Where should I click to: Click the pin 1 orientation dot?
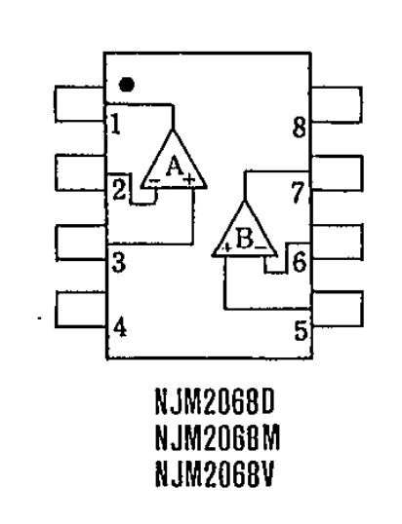click(127, 85)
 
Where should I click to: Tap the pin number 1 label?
click(115, 124)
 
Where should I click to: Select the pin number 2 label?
click(119, 190)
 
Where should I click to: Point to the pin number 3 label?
click(119, 262)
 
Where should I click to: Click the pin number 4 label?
click(120, 327)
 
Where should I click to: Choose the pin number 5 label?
click(301, 330)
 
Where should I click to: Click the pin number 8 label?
click(300, 128)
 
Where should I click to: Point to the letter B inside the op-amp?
click(244, 238)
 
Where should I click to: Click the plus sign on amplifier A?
click(189, 179)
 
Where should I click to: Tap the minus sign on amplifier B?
click(261, 247)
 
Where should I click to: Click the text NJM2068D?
click(215, 401)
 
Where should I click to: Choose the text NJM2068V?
click(215, 473)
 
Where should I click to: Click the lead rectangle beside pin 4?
click(80, 310)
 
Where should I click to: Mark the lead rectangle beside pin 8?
click(338, 104)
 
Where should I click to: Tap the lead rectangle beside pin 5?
click(338, 309)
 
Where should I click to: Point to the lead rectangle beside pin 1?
click(80, 103)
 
